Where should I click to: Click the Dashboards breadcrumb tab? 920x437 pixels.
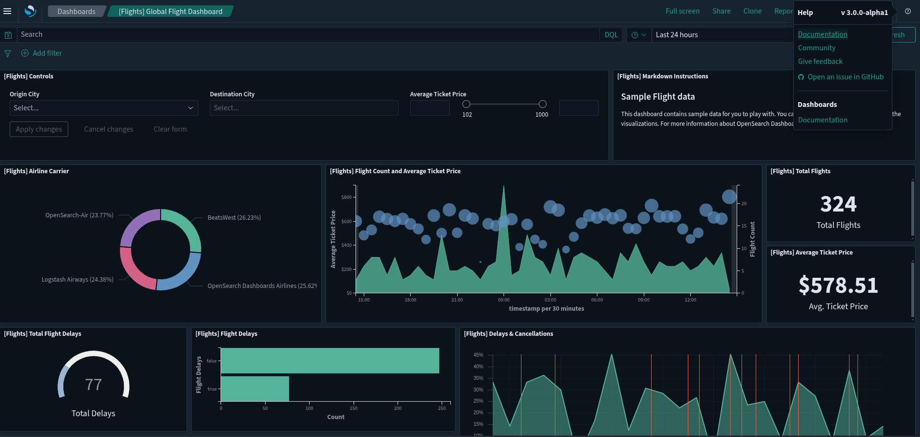pyautogui.click(x=76, y=11)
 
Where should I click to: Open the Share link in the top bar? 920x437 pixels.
pyautogui.click(x=721, y=11)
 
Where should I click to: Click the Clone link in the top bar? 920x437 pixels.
pyautogui.click(x=752, y=11)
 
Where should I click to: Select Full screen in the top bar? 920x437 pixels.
pyautogui.click(x=682, y=11)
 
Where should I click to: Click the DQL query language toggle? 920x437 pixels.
pyautogui.click(x=611, y=35)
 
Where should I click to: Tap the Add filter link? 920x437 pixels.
pyautogui.click(x=47, y=53)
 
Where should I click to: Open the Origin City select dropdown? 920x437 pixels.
pyautogui.click(x=104, y=108)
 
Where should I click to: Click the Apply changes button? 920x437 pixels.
pyautogui.click(x=39, y=129)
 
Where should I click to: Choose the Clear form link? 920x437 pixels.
pyautogui.click(x=170, y=129)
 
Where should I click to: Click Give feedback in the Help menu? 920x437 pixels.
pyautogui.click(x=820, y=61)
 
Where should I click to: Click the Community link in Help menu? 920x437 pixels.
pyautogui.click(x=816, y=48)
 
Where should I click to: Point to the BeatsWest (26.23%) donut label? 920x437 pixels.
pyautogui.click(x=234, y=218)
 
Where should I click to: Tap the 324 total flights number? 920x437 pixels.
pyautogui.click(x=838, y=204)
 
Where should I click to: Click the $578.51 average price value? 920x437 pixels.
pyautogui.click(x=838, y=286)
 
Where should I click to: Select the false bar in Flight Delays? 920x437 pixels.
pyautogui.click(x=329, y=361)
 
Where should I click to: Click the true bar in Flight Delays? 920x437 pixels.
pyautogui.click(x=254, y=389)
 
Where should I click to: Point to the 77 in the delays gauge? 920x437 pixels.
pyautogui.click(x=93, y=385)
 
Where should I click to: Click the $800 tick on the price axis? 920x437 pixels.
pyautogui.click(x=346, y=197)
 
